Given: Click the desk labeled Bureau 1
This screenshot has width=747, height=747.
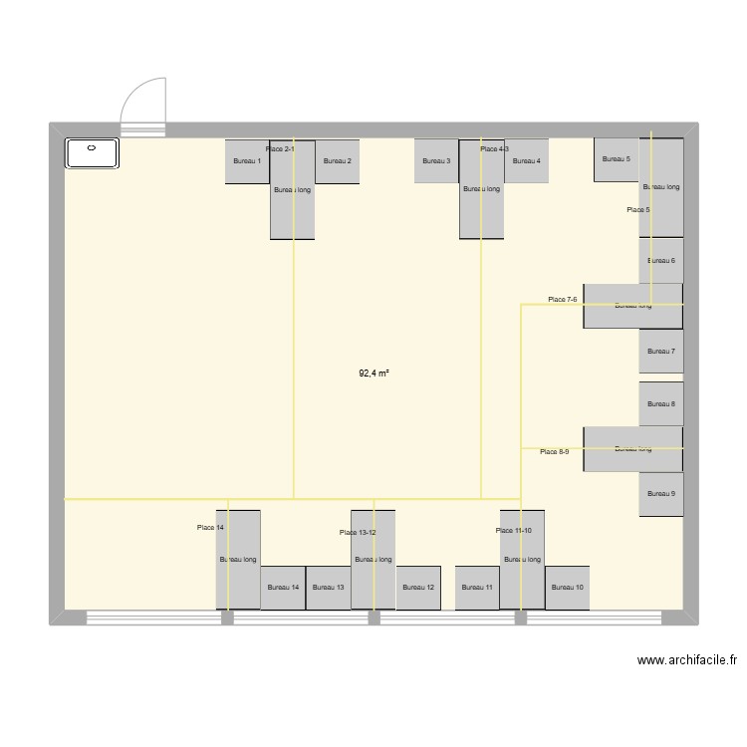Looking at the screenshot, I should click(247, 161).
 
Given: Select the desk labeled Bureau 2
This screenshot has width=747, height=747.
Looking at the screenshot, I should click(338, 161).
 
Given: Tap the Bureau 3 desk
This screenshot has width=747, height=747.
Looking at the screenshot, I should click(436, 161).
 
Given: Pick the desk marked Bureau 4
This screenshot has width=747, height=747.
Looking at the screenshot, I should click(527, 161).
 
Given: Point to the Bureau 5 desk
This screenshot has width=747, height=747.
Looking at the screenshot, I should click(617, 159).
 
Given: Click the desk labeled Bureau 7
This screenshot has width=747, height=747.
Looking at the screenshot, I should click(661, 352).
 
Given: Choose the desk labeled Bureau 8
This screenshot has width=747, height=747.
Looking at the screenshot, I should click(661, 404).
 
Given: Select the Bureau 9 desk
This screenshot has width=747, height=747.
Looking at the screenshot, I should click(661, 494).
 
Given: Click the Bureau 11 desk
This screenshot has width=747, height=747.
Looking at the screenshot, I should click(477, 588).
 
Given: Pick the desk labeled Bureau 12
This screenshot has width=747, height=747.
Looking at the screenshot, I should click(418, 588).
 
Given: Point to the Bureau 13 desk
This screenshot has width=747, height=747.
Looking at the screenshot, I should click(328, 588).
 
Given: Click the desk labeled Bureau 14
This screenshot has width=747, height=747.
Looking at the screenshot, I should click(283, 588).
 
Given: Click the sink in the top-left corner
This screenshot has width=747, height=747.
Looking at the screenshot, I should click(92, 152).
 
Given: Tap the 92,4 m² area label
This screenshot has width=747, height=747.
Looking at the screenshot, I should click(373, 374).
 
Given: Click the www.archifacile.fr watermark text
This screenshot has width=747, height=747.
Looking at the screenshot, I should click(686, 659).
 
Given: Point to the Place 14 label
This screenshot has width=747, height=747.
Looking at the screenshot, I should click(210, 527).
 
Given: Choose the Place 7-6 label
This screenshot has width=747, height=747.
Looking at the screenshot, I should click(562, 299).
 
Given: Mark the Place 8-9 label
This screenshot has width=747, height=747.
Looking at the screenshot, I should click(554, 452).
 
